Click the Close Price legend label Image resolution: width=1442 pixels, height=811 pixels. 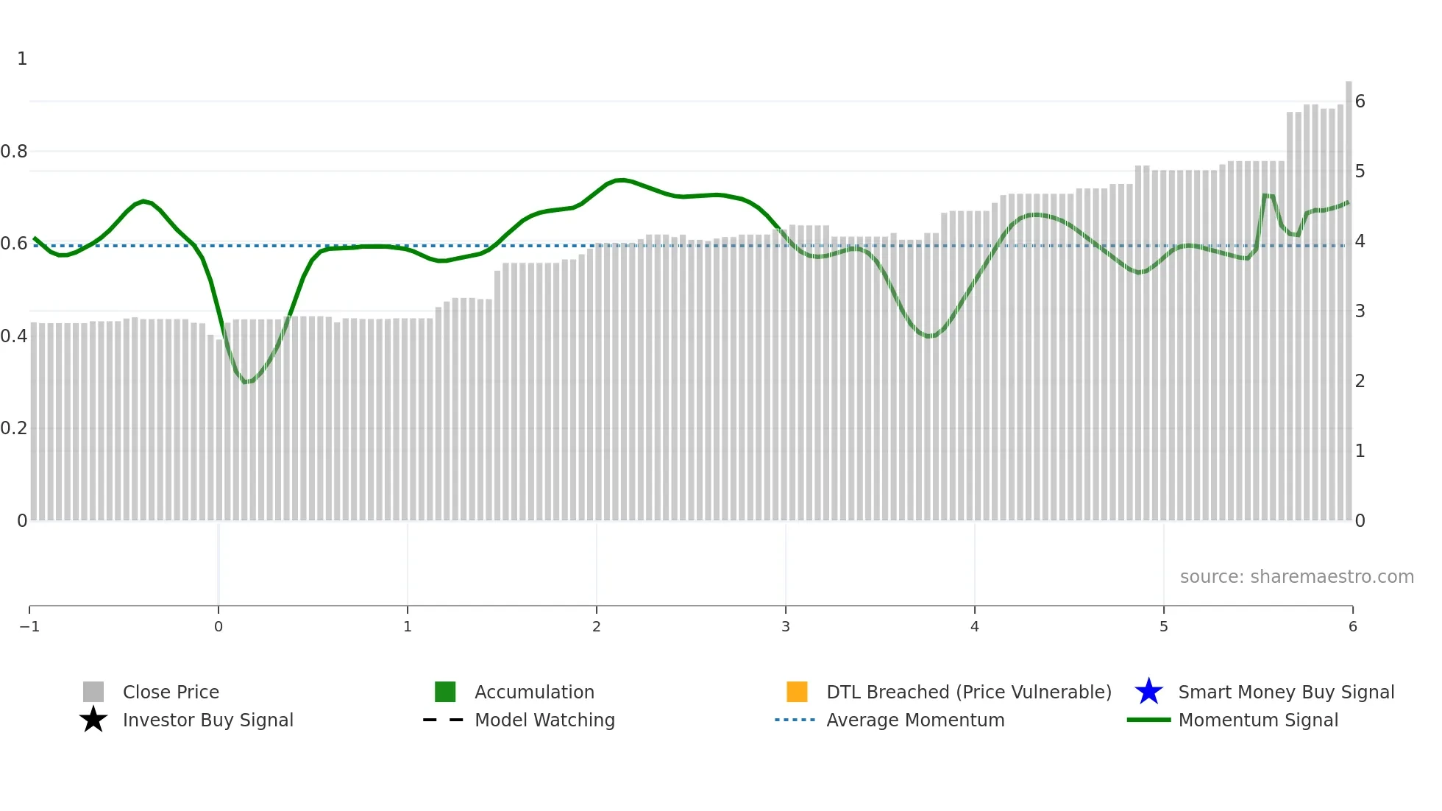coord(171,692)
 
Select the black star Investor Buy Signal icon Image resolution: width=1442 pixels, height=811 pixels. coord(93,720)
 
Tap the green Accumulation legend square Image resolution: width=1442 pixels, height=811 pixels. coord(445,692)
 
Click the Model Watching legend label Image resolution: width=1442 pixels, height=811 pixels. coord(544,720)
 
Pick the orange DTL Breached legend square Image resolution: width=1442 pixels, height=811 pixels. coord(797,692)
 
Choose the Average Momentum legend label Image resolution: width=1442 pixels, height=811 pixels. coord(915,720)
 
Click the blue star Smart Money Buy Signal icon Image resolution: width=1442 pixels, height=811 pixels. coord(1148,692)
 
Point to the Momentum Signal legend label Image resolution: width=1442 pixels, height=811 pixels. coord(1258,720)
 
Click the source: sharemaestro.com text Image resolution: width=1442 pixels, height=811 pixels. coord(1296,576)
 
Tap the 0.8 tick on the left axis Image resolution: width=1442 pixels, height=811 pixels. coord(14,152)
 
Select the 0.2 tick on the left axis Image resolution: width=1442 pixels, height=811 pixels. coord(14,428)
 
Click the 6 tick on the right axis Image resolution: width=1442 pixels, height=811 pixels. coord(1360,102)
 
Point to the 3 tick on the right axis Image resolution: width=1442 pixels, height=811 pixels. coord(1360,311)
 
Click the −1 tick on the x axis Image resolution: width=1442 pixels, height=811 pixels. coord(29,626)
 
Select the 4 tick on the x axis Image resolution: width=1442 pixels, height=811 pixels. coord(974,626)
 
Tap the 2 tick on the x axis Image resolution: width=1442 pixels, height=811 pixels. coord(596,626)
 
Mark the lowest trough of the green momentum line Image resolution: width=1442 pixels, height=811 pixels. coord(246,382)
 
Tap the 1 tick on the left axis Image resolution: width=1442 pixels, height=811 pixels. coord(22,59)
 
